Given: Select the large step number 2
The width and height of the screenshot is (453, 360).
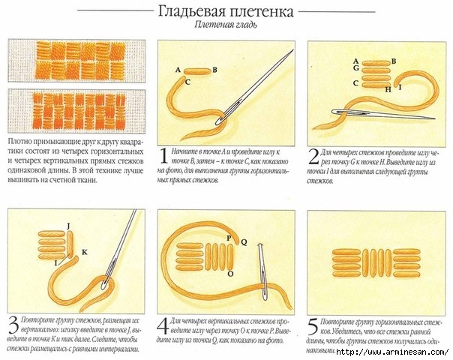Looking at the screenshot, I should [313, 157].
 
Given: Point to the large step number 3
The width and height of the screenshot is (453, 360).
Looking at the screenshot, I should [13, 327].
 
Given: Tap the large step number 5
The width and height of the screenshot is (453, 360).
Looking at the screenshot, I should [313, 327].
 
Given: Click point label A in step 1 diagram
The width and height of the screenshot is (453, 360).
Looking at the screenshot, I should [178, 70].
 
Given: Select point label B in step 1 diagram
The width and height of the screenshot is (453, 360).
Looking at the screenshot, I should [215, 70].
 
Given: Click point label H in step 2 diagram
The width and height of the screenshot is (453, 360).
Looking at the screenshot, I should [388, 89].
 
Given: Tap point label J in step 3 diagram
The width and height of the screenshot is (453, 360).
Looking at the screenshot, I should [67, 225].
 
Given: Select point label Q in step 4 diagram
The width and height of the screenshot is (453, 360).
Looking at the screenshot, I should [243, 241].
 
